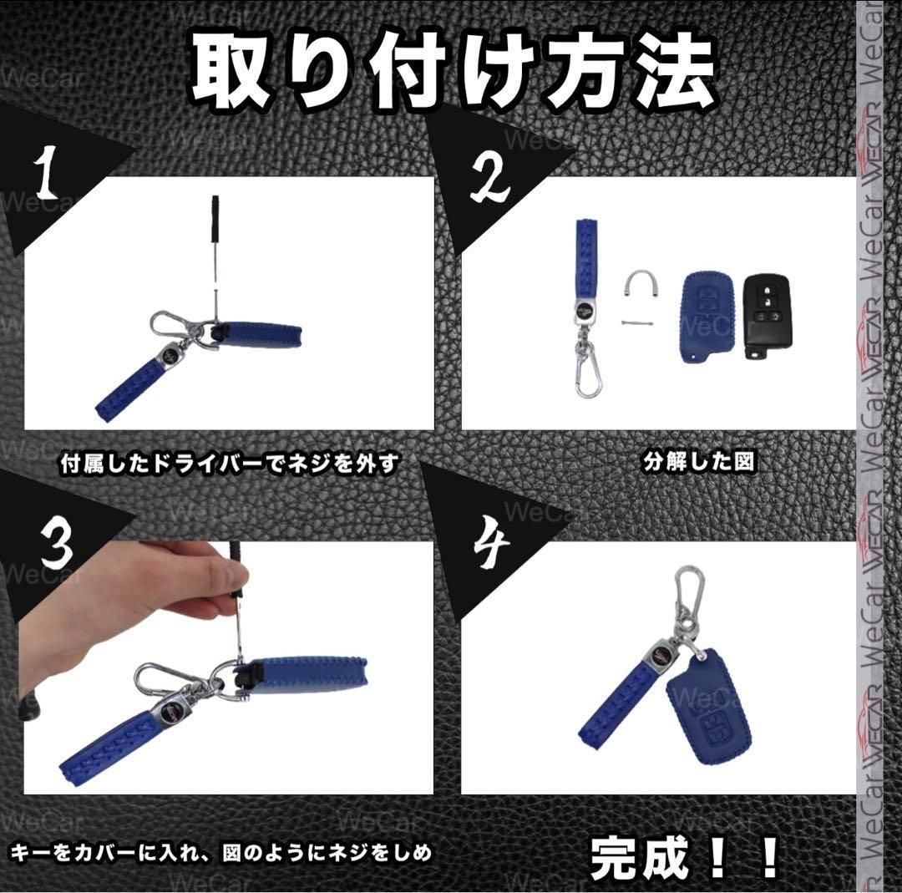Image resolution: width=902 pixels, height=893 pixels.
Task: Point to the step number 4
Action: [x=491, y=547]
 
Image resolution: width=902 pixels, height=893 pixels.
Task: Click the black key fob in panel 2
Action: [x=767, y=317]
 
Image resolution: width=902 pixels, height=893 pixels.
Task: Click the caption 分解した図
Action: [x=699, y=463]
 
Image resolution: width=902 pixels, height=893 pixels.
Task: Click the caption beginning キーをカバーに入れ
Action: [x=222, y=853]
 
